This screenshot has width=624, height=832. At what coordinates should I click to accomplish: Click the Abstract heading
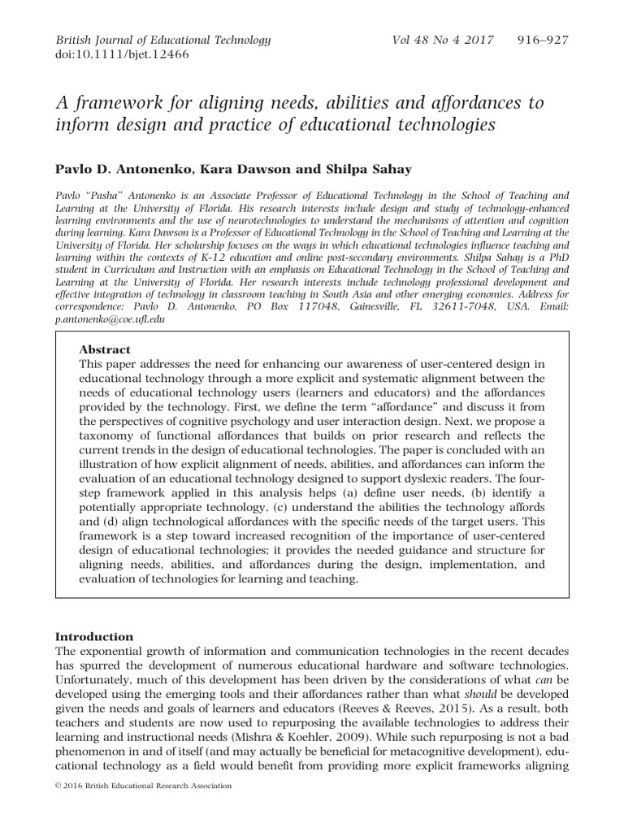105,349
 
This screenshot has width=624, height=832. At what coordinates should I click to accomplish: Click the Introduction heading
93,636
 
